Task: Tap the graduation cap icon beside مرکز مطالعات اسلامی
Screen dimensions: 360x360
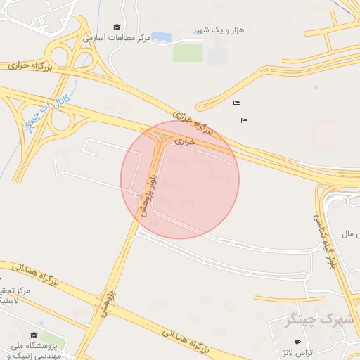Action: (117, 27)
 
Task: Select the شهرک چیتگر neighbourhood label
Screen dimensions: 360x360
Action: (320, 320)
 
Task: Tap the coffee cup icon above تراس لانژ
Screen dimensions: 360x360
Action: (298, 342)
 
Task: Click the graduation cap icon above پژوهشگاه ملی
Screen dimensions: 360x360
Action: (34, 334)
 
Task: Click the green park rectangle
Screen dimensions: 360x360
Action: (188, 53)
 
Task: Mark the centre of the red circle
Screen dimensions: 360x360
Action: (180, 179)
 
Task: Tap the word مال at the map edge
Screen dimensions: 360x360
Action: (350, 233)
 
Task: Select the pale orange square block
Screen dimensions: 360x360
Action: (325, 135)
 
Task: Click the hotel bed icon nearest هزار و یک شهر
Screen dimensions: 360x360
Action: (236, 103)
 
